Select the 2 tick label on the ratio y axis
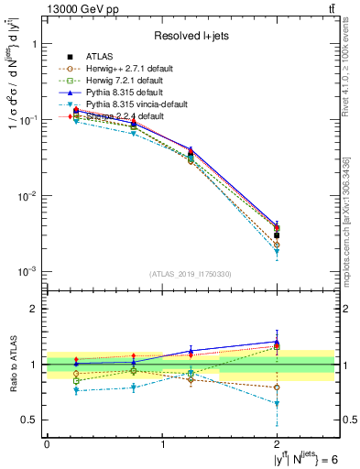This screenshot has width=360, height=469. tap(34, 309)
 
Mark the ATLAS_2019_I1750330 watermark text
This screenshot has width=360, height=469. tap(190, 274)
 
